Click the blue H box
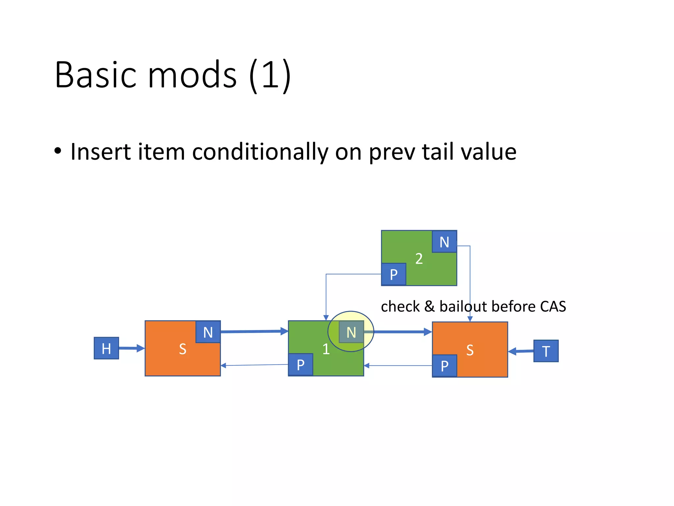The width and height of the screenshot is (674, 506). (106, 348)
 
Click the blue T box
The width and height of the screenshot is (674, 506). (546, 351)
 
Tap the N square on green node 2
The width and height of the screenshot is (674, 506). (444, 242)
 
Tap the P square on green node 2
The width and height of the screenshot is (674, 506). (394, 274)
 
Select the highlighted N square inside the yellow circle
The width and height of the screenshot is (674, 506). (351, 332)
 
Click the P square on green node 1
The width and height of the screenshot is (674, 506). (300, 365)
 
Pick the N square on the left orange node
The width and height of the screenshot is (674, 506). (208, 332)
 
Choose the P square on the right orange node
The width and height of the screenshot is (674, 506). (444, 366)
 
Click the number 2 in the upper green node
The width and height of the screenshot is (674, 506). (419, 259)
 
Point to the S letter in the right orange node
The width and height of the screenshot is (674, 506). (470, 350)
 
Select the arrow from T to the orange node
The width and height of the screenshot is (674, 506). (521, 351)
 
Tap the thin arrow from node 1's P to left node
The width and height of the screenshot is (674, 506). (254, 365)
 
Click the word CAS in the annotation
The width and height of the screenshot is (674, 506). (553, 306)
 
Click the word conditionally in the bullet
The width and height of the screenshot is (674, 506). (260, 152)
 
